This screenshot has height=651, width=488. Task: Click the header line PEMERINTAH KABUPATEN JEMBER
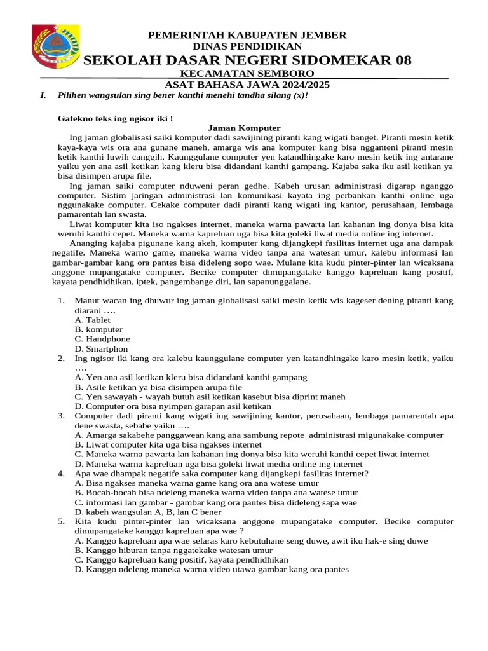(247, 35)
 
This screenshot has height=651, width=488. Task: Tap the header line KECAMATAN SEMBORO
(247, 74)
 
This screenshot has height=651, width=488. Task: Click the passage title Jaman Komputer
(244, 128)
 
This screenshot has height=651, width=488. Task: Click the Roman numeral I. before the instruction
(43, 95)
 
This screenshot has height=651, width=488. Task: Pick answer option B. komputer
(98, 329)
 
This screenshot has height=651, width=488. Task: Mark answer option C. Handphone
(102, 339)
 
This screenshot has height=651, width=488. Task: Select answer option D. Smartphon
(101, 348)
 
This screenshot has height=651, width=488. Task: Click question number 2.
(61, 359)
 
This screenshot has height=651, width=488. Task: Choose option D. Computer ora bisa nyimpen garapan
(173, 406)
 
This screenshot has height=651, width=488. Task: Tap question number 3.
(61, 416)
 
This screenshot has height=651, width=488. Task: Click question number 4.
(61, 474)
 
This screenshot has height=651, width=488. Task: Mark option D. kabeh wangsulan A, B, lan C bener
(147, 511)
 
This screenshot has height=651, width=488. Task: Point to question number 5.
(61, 521)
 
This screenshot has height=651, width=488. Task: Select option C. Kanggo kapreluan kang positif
(181, 559)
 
